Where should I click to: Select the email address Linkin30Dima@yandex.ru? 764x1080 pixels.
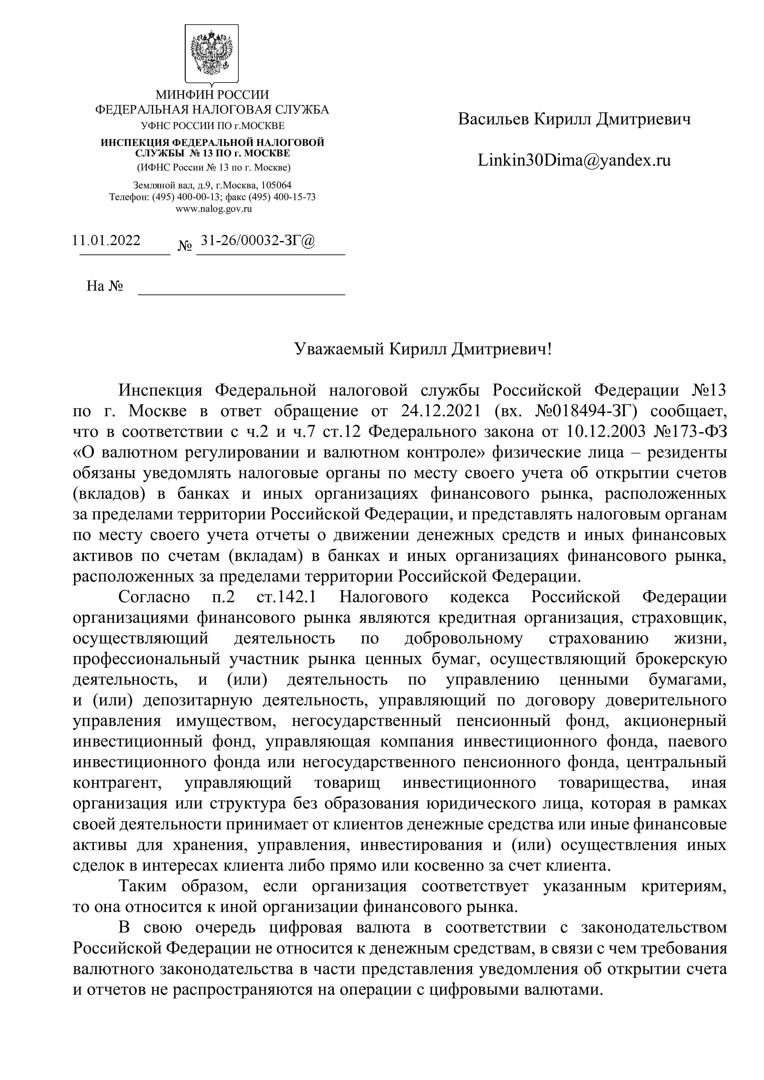(574, 160)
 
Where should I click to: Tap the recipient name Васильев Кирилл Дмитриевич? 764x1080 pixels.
(574, 119)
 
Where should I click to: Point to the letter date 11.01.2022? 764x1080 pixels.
(106, 240)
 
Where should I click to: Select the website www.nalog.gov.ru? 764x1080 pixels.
(214, 209)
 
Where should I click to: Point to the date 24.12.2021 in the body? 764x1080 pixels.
(441, 411)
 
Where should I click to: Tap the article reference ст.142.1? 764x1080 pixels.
(286, 597)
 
